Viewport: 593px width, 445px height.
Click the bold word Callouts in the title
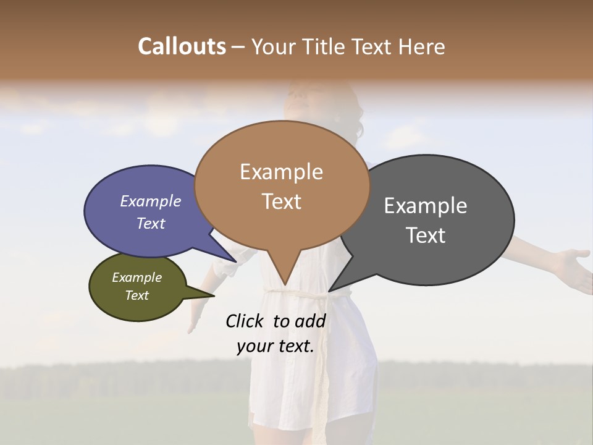tap(182, 46)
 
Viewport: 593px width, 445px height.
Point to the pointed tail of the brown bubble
tap(284, 275)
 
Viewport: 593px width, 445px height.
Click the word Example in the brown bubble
tap(281, 172)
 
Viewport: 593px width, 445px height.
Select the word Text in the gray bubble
tap(426, 235)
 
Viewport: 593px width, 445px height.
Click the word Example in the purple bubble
tap(151, 201)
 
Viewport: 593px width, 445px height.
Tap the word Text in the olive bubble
tap(137, 295)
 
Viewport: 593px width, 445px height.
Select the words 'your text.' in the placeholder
tap(275, 346)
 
